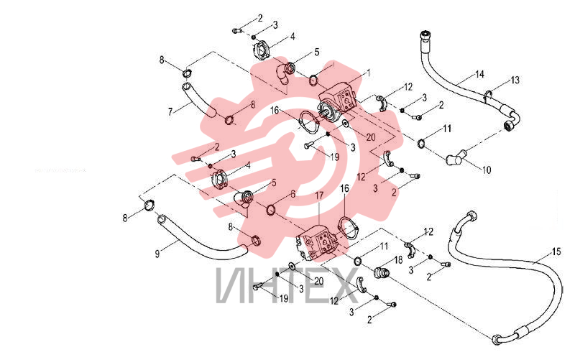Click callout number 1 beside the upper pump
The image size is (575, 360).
pyautogui.click(x=369, y=73)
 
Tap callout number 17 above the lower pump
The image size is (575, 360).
pyautogui.click(x=319, y=195)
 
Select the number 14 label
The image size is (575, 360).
pyautogui.click(x=479, y=75)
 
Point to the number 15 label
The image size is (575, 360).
pyautogui.click(x=556, y=251)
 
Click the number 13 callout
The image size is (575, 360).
pyautogui.click(x=515, y=80)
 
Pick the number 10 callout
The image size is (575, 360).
pyautogui.click(x=487, y=170)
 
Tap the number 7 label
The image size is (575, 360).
pyautogui.click(x=170, y=111)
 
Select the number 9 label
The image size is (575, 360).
pyautogui.click(x=157, y=254)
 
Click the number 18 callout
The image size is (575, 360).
pyautogui.click(x=398, y=260)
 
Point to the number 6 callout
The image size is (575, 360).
pyautogui.click(x=293, y=194)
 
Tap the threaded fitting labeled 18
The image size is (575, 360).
pyautogui.click(x=382, y=273)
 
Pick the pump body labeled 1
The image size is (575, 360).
pyautogui.click(x=336, y=101)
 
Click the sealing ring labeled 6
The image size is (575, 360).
pyautogui.click(x=271, y=210)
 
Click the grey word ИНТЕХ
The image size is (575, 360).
pyautogui.click(x=287, y=285)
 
